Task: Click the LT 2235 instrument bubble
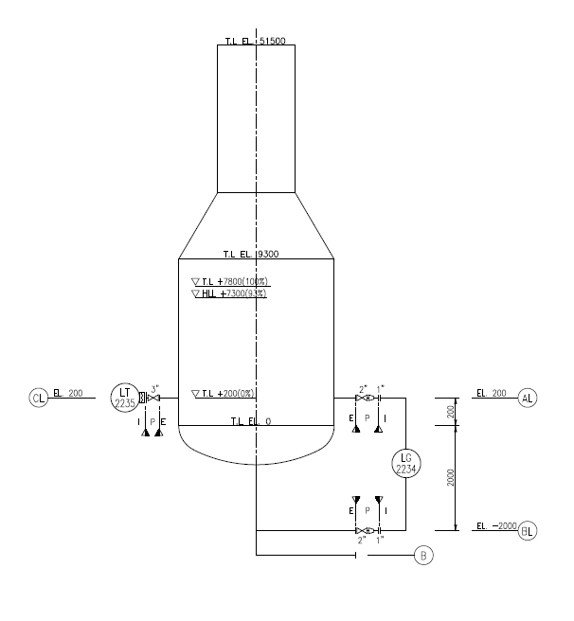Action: tap(124, 398)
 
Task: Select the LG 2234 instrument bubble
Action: tap(405, 463)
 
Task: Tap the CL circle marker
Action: tap(38, 398)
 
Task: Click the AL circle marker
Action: tap(528, 399)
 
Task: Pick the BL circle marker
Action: tap(528, 531)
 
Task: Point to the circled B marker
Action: tap(423, 556)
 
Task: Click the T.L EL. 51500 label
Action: tap(256, 42)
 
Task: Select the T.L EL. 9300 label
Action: tap(250, 254)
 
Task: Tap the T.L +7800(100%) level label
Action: tap(230, 282)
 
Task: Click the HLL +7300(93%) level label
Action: tap(230, 293)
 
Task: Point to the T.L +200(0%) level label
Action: tap(224, 393)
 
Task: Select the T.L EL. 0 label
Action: tap(251, 420)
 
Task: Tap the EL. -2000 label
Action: tap(494, 525)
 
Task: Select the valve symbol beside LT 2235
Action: tap(152, 399)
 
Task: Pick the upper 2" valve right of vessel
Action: tap(362, 399)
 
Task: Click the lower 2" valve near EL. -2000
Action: tap(362, 531)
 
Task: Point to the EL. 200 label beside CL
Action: tap(68, 392)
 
